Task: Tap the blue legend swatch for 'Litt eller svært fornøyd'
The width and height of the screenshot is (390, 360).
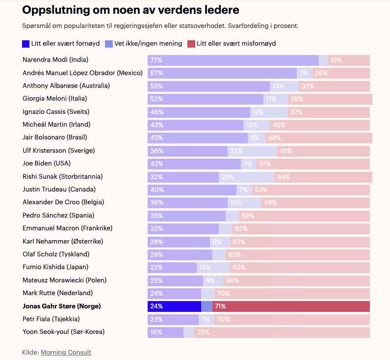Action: (26, 44)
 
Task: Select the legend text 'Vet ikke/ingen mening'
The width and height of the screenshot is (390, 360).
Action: (148, 44)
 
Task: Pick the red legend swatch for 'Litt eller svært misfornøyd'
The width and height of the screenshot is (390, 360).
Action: (191, 44)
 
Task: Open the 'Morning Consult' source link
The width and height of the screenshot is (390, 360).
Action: (66, 352)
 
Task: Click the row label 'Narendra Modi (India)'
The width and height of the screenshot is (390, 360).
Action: (55, 60)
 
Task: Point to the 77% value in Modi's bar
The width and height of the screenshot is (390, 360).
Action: (156, 60)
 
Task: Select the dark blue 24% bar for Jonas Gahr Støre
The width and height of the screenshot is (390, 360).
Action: (174, 306)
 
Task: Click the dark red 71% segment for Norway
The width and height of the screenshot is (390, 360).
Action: (291, 306)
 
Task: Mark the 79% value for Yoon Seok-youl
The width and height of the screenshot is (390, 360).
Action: (203, 332)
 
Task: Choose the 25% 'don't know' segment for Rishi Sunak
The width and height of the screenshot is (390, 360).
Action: (246, 177)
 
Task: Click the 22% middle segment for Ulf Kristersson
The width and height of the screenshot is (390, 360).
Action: (252, 151)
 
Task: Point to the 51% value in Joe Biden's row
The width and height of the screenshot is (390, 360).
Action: (264, 164)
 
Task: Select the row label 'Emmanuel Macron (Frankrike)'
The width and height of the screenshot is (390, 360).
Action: (68, 228)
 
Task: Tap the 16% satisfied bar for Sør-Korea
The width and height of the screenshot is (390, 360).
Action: (165, 332)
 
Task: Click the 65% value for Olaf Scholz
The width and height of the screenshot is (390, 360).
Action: (234, 254)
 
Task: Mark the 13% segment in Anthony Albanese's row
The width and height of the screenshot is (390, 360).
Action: (284, 86)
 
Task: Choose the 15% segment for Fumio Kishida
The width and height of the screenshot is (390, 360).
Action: (213, 267)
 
